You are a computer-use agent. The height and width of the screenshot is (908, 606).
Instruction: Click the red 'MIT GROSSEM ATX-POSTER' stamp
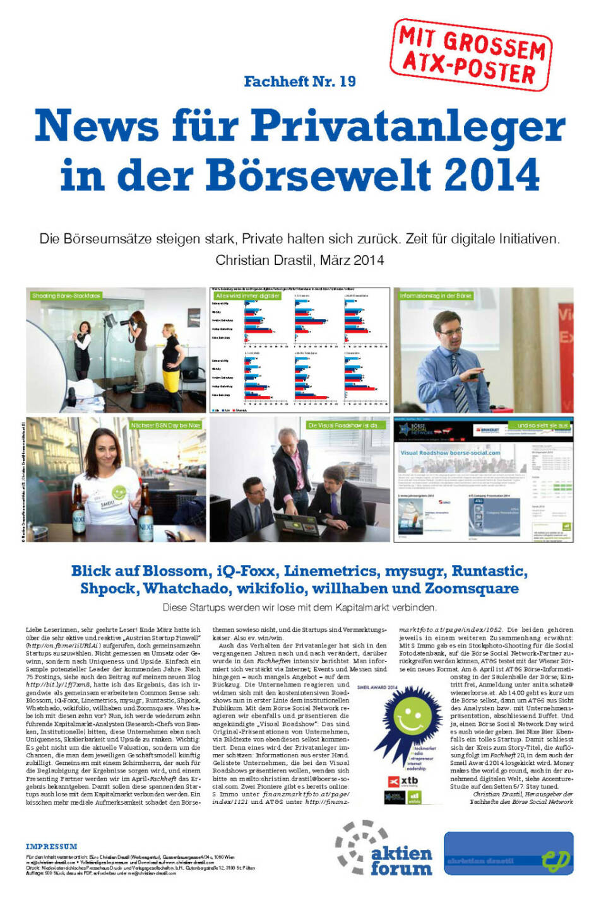pos(471,55)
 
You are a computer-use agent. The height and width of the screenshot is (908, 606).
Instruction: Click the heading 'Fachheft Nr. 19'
pos(299,81)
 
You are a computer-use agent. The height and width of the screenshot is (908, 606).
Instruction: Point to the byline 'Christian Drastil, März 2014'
pos(299,260)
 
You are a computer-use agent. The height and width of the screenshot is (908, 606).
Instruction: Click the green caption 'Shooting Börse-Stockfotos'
pos(66,295)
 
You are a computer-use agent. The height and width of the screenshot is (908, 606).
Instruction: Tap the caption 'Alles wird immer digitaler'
pos(247,295)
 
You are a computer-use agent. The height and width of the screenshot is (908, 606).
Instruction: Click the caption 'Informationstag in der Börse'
pos(436,295)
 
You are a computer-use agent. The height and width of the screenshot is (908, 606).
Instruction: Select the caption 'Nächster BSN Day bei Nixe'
pos(165,425)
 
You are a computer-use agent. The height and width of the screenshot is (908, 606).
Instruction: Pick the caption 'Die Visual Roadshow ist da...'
pos(345,425)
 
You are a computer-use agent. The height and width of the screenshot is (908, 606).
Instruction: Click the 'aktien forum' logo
pos(385,849)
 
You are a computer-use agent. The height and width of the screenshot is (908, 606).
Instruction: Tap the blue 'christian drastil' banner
pos(508,854)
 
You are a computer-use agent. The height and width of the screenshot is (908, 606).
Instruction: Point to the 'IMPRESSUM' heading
pos(52,846)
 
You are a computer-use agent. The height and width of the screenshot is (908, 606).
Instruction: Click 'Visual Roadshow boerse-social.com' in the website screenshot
pos(450,452)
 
